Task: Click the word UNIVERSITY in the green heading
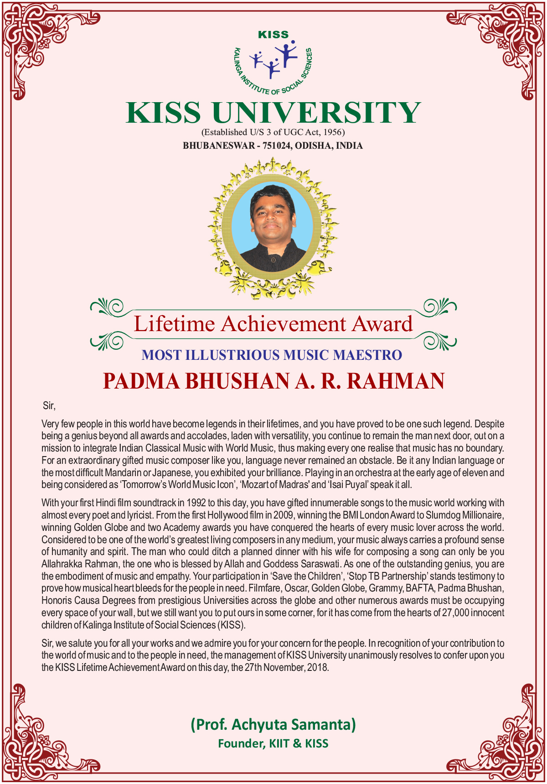(x=316, y=113)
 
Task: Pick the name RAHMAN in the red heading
(x=396, y=381)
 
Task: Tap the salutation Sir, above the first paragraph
(x=49, y=405)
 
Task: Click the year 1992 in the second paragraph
(x=196, y=503)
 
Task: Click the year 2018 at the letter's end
(x=318, y=668)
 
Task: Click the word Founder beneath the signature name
(x=241, y=744)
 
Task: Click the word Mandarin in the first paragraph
(x=123, y=472)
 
